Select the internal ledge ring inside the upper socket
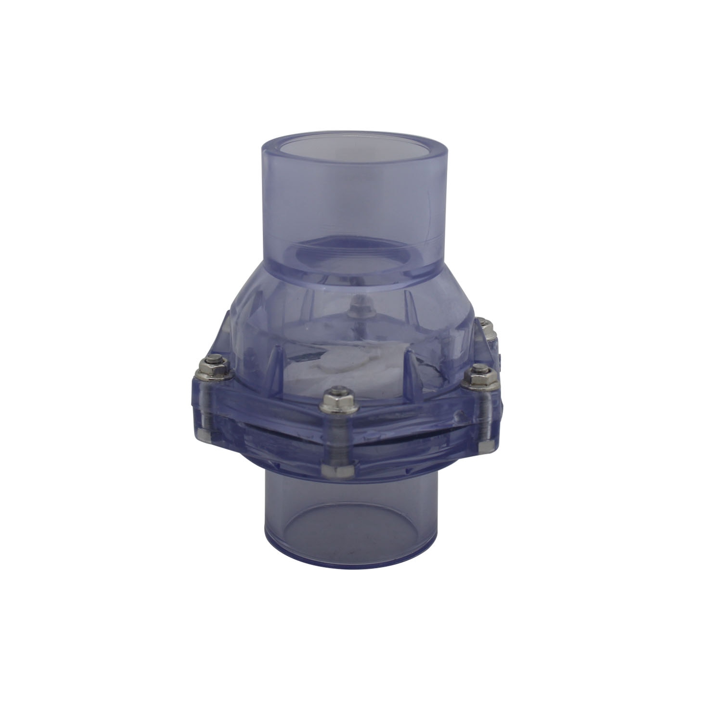pyautogui.click(x=356, y=250)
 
